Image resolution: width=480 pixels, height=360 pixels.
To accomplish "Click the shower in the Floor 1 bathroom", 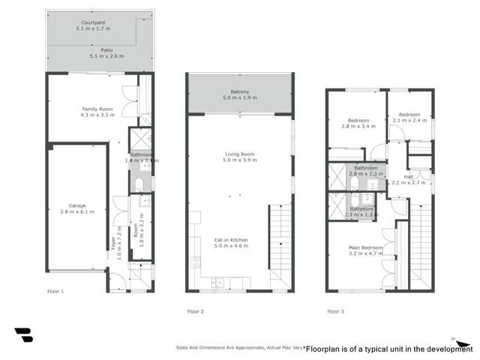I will pos(140,139).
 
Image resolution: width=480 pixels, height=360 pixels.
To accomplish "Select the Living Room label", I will pos(240,154).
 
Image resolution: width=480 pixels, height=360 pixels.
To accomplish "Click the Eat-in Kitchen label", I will pos(231,240).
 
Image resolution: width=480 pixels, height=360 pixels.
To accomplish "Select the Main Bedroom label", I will pos(366,247).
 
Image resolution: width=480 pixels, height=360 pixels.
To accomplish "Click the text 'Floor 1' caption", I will pos(56,290).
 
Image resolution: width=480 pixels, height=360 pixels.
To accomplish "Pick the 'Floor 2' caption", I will pos(196,310).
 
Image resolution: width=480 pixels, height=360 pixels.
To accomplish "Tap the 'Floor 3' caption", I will pos(336,310).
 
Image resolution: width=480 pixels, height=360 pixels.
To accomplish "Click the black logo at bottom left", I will pos(22,334).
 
